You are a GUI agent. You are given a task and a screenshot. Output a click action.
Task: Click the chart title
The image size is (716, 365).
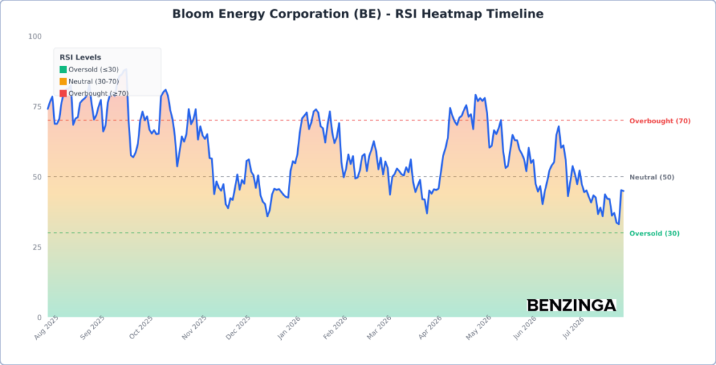point(357,14)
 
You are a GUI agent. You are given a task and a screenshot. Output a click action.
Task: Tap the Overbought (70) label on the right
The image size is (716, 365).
point(660,121)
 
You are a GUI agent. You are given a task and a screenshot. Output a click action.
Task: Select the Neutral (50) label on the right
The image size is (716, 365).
point(652,177)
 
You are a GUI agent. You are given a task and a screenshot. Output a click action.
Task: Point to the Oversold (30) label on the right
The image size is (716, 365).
point(654,234)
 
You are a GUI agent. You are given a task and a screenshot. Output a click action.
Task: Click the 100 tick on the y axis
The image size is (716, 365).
point(35,36)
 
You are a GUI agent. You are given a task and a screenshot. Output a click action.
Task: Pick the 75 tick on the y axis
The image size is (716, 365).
point(37,106)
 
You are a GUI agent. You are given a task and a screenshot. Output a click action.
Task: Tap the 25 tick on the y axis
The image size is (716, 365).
point(37,247)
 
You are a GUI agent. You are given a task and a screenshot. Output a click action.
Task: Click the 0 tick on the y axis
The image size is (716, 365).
point(39,317)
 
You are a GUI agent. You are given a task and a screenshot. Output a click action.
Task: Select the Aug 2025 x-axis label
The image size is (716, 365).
point(46,327)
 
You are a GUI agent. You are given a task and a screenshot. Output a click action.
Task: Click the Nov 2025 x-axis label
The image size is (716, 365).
point(194,327)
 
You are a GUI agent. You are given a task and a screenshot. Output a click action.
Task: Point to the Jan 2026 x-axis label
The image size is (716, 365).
point(289,327)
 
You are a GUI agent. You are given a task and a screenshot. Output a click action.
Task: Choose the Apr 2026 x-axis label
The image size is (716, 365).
point(431,327)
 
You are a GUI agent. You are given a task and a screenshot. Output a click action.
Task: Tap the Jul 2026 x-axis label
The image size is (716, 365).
point(573,327)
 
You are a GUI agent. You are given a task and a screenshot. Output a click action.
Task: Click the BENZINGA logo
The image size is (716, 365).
point(571,305)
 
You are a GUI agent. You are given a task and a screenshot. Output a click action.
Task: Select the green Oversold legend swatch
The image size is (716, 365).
point(63,69)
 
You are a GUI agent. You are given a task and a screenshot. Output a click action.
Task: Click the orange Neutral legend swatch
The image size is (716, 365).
point(63,81)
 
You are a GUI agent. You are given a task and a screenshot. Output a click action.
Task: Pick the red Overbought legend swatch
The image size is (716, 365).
point(63,93)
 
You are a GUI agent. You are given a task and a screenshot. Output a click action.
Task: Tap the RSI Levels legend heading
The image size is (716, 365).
point(80,57)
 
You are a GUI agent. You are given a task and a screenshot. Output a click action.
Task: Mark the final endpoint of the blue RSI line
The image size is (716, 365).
point(623,191)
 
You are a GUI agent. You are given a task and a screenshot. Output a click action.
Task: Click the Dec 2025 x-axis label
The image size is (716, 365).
point(238,327)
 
